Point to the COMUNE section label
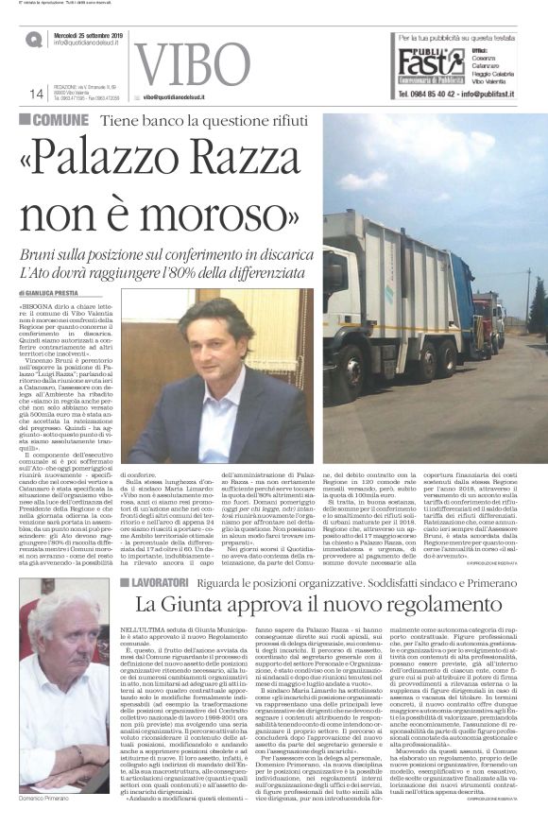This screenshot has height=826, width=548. point(60,120)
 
